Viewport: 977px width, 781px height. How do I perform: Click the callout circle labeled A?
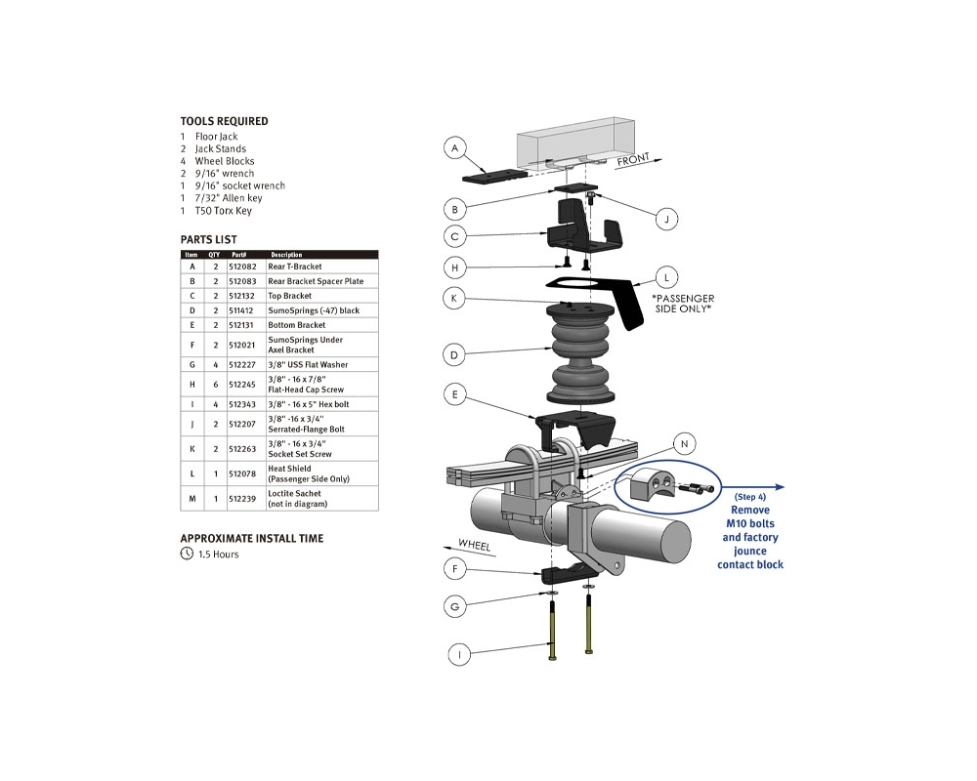pyautogui.click(x=452, y=148)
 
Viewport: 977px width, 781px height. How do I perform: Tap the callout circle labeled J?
pyautogui.click(x=665, y=219)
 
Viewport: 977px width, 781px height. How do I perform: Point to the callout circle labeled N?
pyautogui.click(x=685, y=443)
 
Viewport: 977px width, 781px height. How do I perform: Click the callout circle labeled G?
pyautogui.click(x=453, y=606)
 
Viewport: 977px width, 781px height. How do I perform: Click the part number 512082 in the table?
pyautogui.click(x=240, y=266)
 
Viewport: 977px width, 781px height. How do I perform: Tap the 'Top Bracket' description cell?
pyautogui.click(x=290, y=295)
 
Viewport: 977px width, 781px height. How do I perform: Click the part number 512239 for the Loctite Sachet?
pyautogui.click(x=240, y=499)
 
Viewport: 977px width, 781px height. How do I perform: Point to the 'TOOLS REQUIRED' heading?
pyautogui.click(x=224, y=121)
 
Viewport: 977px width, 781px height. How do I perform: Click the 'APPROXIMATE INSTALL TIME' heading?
pyautogui.click(x=251, y=538)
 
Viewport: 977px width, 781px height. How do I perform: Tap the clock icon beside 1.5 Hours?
pyautogui.click(x=187, y=554)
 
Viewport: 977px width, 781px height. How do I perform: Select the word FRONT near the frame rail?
pyautogui.click(x=633, y=160)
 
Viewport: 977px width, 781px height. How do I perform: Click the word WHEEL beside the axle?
pyautogui.click(x=474, y=545)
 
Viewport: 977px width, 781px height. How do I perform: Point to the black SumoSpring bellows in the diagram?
pyautogui.click(x=584, y=351)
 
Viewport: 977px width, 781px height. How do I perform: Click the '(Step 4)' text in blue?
pyautogui.click(x=749, y=496)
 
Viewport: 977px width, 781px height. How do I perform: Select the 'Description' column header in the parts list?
pyautogui.click(x=286, y=255)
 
